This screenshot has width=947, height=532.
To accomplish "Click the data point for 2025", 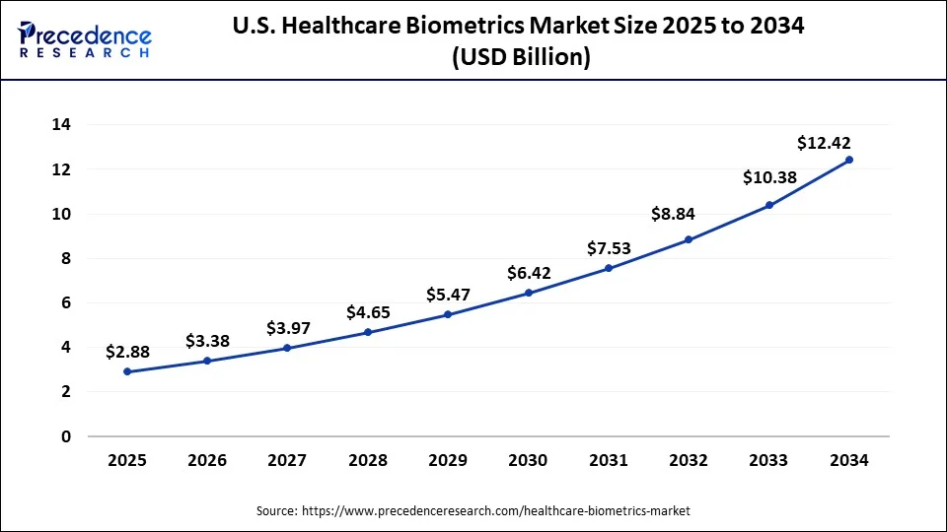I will coord(126,371).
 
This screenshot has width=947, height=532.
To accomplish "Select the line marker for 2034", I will coord(849,160).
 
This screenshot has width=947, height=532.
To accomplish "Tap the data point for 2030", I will coord(528,293).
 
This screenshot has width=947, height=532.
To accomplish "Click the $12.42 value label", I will coord(825,144).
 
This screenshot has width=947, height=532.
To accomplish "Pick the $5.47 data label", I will coord(448,295).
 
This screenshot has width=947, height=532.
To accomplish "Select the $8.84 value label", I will coord(673,214).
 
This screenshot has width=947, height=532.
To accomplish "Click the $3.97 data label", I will coord(287,327).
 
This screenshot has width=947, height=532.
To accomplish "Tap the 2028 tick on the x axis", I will coord(367,460).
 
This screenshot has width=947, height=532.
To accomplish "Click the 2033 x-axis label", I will coord(768,460).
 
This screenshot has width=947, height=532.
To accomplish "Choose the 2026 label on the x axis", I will coord(206,460).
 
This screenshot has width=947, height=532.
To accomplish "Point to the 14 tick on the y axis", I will coord(61,125).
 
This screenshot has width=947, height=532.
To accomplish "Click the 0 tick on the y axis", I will coord(66,436).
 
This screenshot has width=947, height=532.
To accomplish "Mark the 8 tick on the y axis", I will coord(66,258).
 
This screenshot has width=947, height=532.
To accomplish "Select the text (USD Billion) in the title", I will coord(521,58).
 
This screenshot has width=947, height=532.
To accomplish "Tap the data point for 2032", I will coord(689,239).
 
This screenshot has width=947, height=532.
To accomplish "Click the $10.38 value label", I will coord(768,177).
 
